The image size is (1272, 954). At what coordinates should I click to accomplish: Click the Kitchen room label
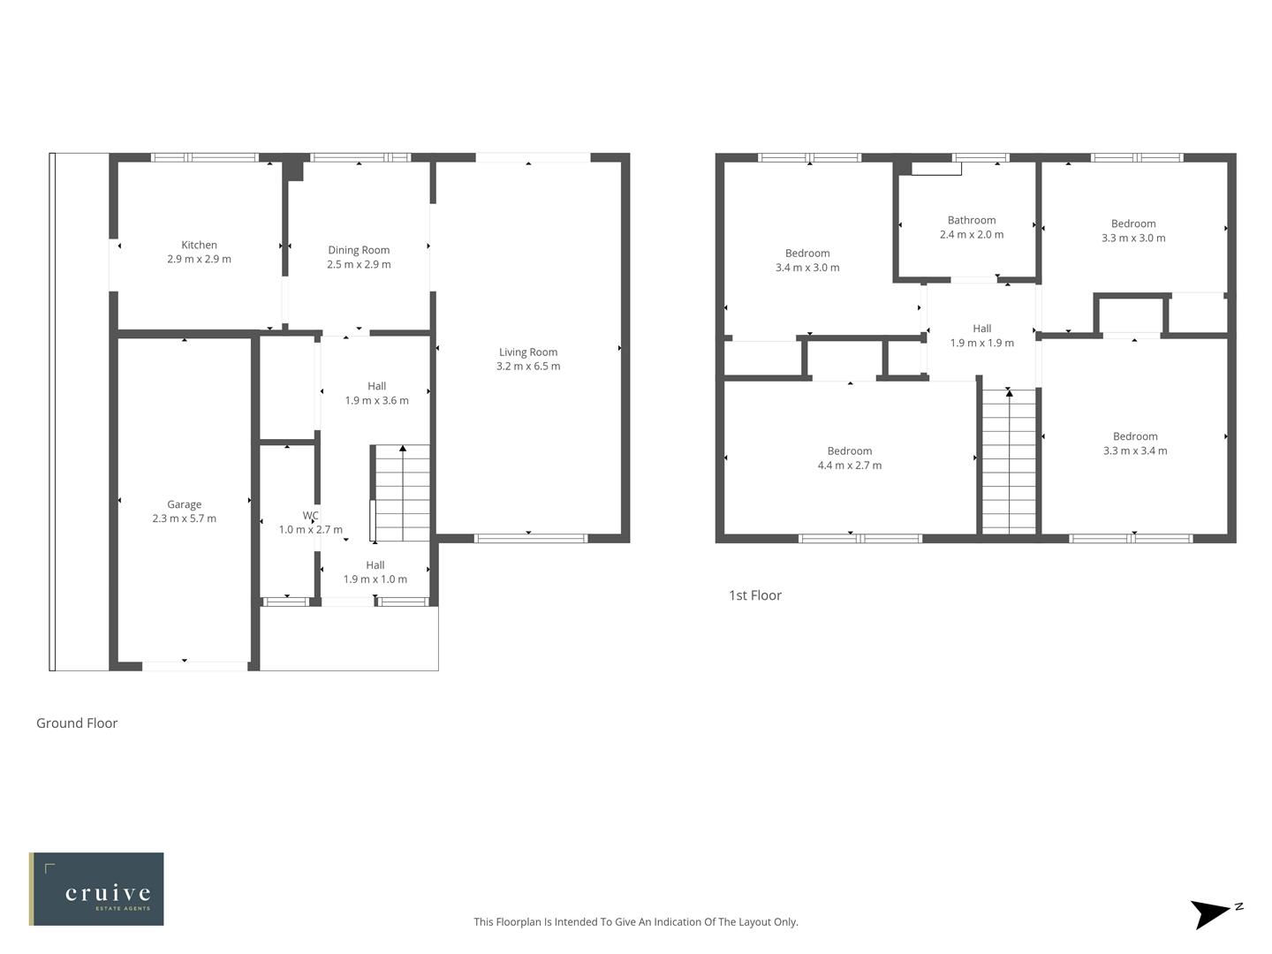[199, 245]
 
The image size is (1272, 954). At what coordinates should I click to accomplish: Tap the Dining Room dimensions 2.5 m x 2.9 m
[359, 265]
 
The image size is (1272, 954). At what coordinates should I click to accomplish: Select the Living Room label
[528, 352]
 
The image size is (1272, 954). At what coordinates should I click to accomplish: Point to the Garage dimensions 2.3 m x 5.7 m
[184, 519]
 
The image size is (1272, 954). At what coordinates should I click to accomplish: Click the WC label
[311, 516]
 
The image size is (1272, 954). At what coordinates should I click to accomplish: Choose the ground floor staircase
[402, 495]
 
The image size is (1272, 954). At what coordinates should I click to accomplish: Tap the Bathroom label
[972, 220]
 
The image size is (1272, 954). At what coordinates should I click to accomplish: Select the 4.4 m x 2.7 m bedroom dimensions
[850, 466]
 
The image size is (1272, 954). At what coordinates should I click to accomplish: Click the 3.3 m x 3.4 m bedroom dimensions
[1135, 451]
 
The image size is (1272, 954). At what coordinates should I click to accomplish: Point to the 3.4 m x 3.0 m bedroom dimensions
[807, 268]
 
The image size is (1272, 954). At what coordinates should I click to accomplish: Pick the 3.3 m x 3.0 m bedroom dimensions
[1133, 238]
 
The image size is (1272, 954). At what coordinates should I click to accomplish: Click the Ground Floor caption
[77, 723]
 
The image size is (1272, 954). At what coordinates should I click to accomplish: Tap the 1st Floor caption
[755, 595]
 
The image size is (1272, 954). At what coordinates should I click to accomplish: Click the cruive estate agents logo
[97, 889]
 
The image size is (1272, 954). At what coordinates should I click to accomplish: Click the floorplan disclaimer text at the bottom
[636, 921]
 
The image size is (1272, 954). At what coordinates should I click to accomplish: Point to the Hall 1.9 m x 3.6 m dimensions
[376, 401]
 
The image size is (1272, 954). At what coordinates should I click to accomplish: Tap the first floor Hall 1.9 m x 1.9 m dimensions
[982, 344]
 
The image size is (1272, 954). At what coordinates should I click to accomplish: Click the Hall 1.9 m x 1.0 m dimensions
[375, 579]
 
